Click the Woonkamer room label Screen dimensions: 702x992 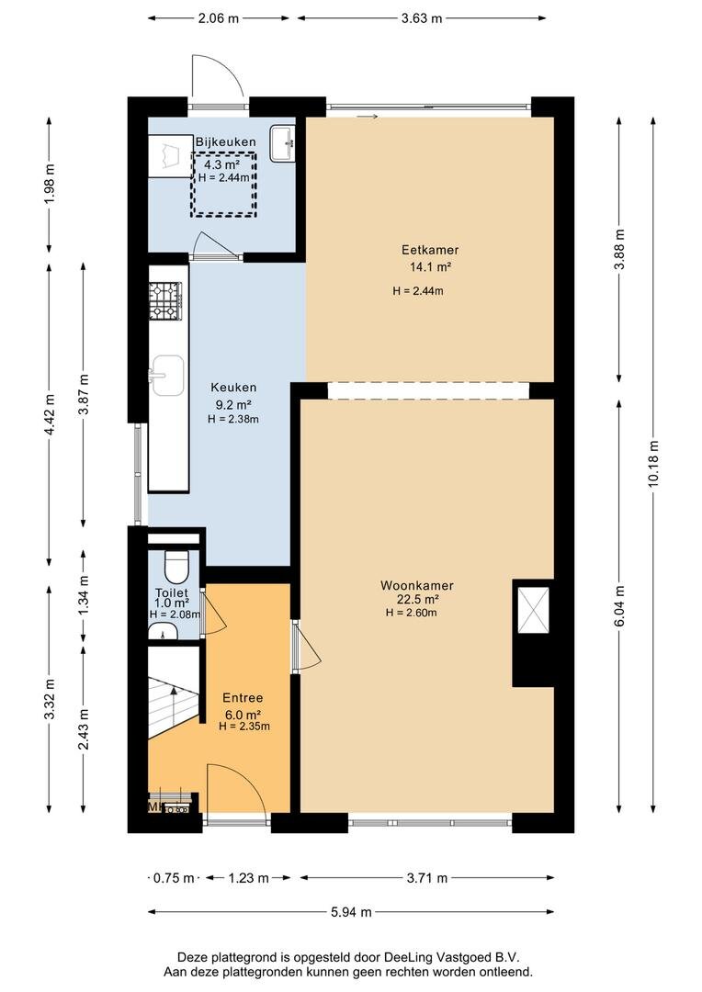click(416, 585)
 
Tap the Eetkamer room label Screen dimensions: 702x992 click(430, 250)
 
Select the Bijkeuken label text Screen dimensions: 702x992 click(225, 141)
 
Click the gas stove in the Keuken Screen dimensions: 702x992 click(165, 300)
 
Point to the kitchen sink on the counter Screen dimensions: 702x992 click(167, 375)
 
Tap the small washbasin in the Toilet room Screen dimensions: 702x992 click(163, 631)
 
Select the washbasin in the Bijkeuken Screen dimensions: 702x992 click(282, 143)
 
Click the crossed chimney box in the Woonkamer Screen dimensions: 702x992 click(533, 610)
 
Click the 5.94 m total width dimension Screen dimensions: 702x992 click(351, 912)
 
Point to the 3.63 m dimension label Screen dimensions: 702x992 click(422, 18)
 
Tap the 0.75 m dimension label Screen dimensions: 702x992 click(174, 877)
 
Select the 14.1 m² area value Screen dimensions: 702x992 click(430, 267)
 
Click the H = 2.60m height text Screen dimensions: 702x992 click(412, 613)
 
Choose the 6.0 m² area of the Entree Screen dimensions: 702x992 click(243, 715)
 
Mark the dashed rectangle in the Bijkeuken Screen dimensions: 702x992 click(225, 184)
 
